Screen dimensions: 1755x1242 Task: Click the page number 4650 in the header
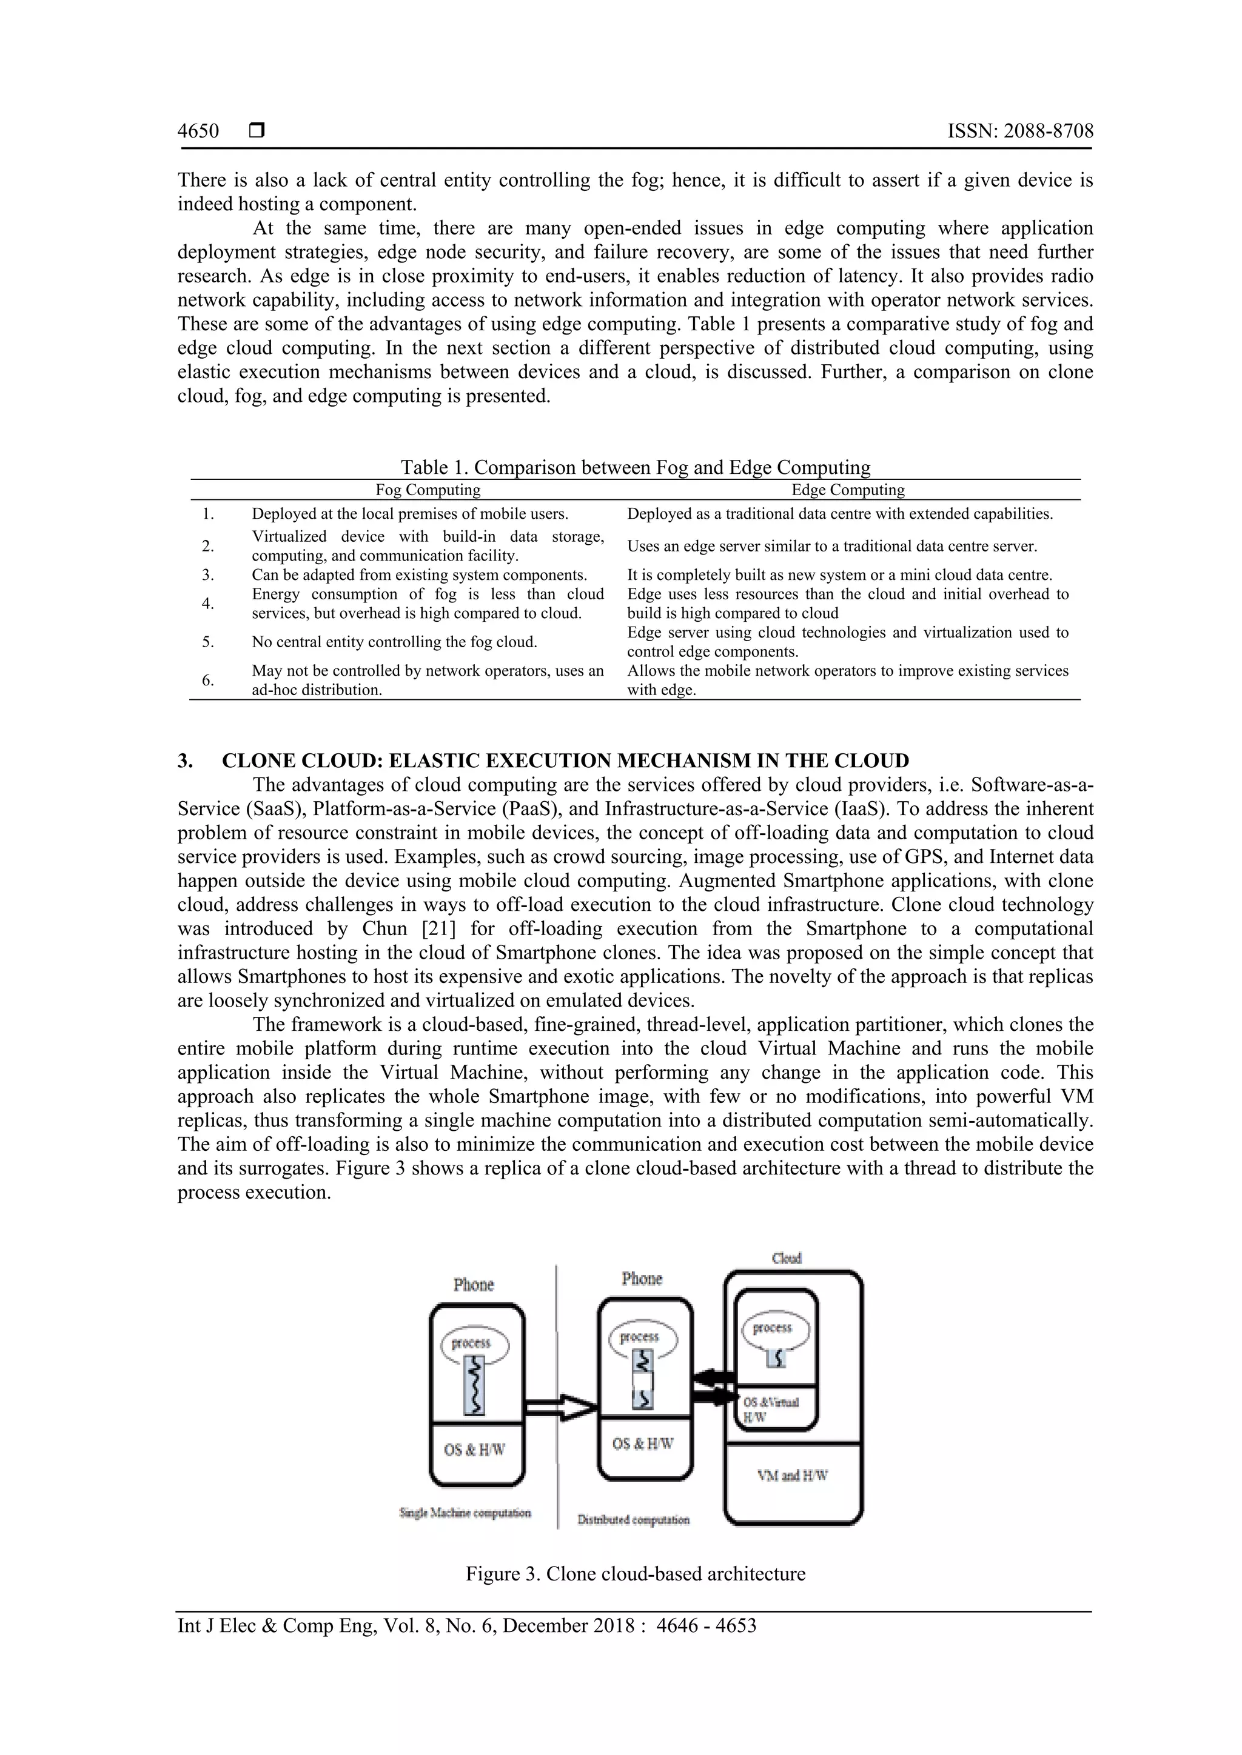[198, 132]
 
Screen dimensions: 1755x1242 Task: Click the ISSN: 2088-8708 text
[1020, 132]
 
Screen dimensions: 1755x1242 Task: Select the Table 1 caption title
[636, 467]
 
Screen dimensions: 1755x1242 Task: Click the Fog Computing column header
[428, 490]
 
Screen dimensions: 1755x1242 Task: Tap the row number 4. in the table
[208, 604]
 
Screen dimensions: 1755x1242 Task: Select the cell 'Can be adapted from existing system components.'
[419, 575]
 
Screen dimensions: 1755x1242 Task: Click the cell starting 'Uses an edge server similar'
[831, 547]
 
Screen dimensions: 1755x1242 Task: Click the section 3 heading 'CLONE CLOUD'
[565, 761]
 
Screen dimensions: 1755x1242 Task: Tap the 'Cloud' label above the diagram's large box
[786, 1258]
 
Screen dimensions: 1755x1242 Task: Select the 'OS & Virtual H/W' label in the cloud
[770, 1410]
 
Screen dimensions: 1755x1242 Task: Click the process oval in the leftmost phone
[474, 1343]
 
